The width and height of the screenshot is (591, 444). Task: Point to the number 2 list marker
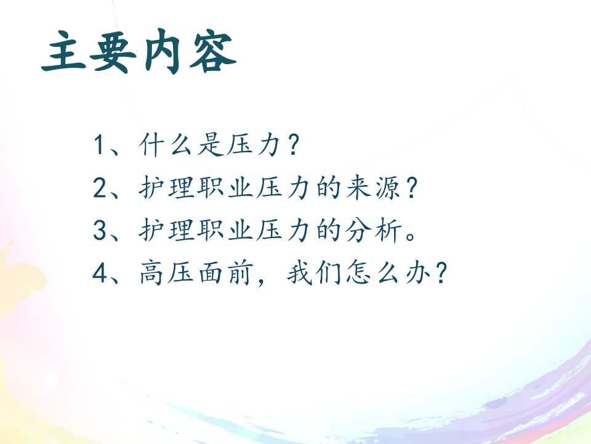100,187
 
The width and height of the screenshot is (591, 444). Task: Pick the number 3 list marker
100,230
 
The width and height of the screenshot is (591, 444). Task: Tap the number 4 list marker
100,273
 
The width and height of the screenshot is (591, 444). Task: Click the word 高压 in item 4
166,273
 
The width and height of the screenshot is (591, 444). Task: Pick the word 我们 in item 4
313,273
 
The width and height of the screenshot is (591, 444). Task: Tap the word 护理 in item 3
166,230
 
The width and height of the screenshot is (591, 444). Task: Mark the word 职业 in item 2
225,187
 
